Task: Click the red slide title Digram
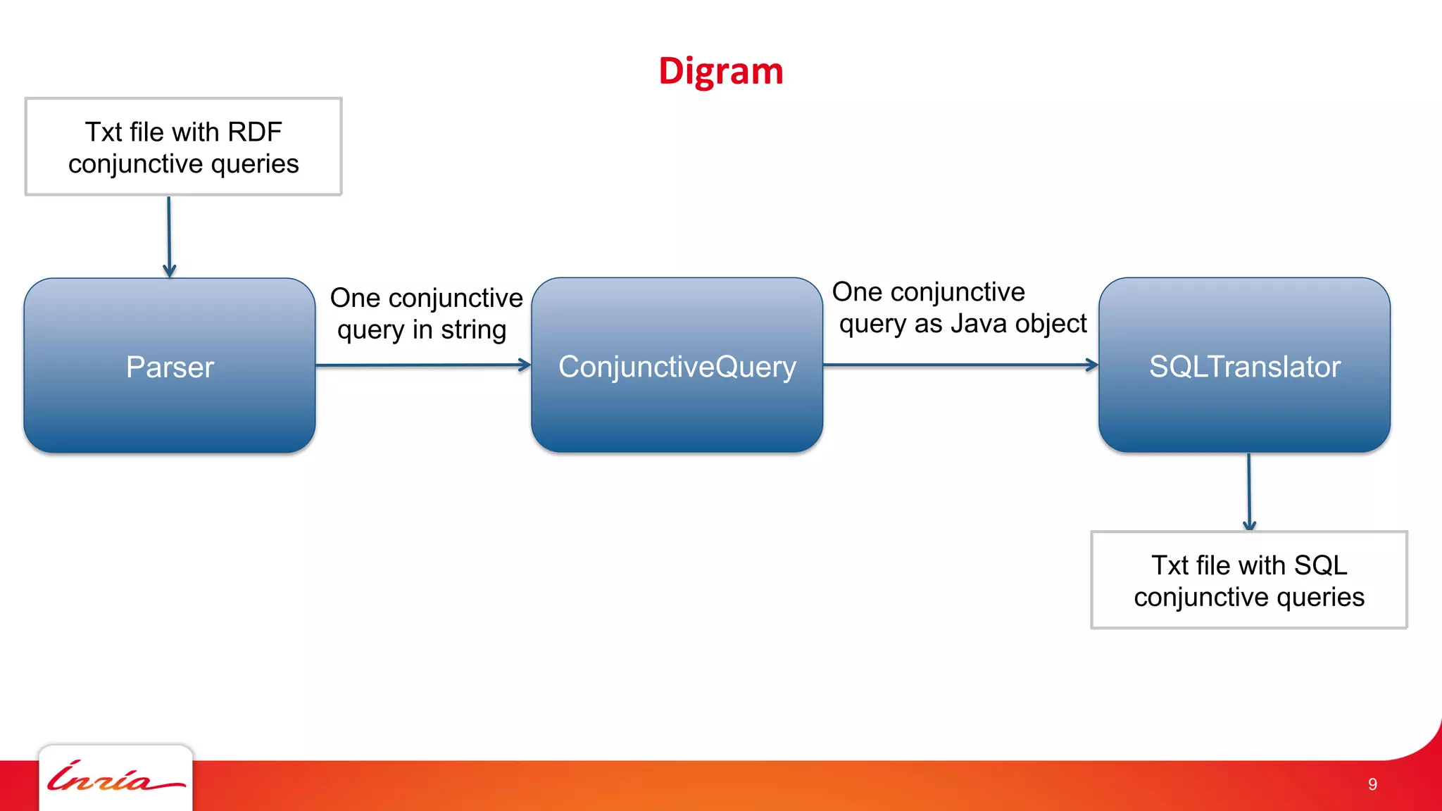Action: [x=720, y=72]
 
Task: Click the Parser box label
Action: [x=170, y=367]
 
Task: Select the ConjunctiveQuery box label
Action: [x=677, y=367]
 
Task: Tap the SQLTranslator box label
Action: [x=1244, y=367]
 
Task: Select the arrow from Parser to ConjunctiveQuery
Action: [x=422, y=365]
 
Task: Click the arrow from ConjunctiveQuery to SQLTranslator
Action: [x=960, y=365]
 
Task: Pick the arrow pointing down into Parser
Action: [x=169, y=236]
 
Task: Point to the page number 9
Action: [x=1372, y=784]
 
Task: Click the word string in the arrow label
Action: [x=473, y=329]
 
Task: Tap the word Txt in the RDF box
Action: [x=104, y=132]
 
